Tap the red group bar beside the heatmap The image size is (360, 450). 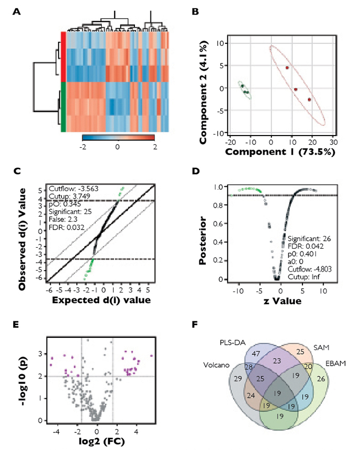[x=63, y=56]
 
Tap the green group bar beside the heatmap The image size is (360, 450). [x=63, y=106]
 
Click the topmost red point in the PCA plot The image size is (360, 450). [x=287, y=68]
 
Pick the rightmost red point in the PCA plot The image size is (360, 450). [x=309, y=99]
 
